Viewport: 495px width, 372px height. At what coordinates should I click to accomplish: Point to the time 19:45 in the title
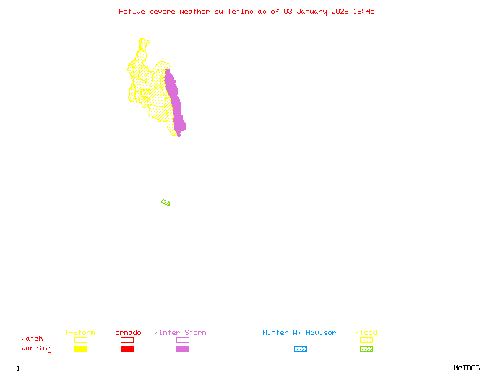(364, 11)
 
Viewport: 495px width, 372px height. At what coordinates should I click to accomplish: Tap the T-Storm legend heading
(80, 332)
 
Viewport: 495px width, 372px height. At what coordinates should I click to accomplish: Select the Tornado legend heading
(126, 332)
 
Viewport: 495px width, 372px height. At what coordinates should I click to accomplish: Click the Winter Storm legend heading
(180, 332)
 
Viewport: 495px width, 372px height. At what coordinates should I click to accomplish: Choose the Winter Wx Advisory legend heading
(301, 332)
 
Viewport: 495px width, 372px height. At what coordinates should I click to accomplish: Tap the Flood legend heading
(366, 332)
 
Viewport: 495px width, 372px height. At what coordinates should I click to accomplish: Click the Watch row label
(32, 339)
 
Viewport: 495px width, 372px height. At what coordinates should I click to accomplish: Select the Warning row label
(37, 348)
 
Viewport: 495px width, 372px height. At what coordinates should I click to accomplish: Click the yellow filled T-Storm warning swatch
(80, 348)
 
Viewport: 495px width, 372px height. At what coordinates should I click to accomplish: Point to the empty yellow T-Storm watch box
(80, 340)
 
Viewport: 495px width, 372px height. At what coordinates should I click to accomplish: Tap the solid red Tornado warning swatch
(127, 348)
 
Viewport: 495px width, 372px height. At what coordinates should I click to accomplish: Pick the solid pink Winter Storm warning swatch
(183, 348)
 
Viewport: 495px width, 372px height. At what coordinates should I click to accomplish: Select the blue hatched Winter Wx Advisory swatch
(300, 348)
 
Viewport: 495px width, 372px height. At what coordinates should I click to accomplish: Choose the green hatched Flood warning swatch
(366, 348)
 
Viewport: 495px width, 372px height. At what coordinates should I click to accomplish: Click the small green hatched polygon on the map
(166, 203)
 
